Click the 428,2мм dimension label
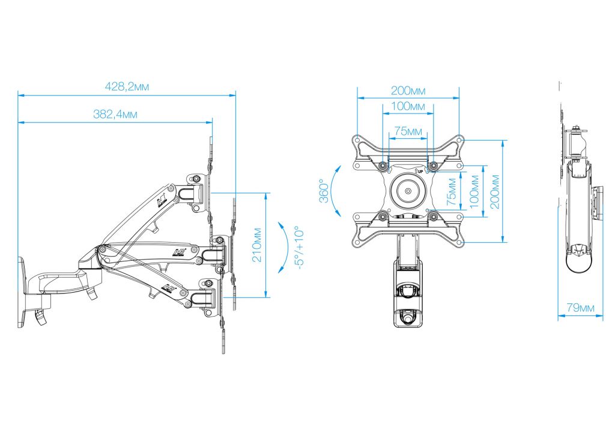click(127, 87)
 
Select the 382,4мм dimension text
click(115, 114)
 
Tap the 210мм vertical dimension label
click(256, 245)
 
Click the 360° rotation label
click(324, 190)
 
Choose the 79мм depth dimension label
click(581, 308)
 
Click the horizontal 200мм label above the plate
click(408, 91)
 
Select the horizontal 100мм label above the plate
click(408, 106)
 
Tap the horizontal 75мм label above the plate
click(408, 131)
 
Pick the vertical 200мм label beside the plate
click(495, 192)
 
